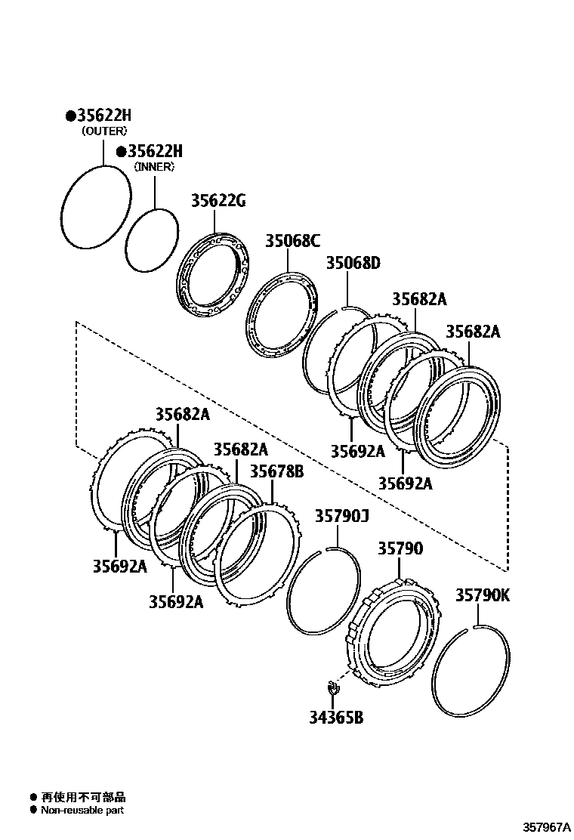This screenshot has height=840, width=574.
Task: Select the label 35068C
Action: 292,241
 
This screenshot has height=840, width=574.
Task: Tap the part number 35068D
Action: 353,263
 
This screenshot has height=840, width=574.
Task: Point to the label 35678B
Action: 276,471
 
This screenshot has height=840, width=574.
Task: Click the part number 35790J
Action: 341,516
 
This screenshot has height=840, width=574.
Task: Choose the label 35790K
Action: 482,595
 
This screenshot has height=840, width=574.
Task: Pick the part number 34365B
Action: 335,717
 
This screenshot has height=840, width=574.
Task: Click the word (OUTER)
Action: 103,131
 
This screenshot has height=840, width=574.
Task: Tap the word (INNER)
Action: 154,166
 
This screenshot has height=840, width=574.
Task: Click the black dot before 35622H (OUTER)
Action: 69,116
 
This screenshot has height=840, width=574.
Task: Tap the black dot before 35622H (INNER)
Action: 121,151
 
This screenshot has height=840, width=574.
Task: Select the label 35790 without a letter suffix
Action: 400,548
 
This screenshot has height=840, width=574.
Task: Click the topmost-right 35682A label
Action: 473,332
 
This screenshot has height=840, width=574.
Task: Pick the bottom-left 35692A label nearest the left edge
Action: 120,565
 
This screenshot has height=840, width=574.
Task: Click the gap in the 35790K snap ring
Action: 474,626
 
